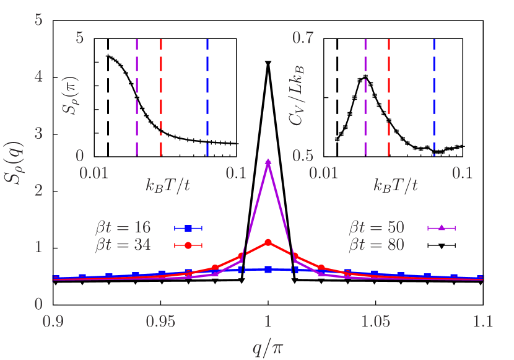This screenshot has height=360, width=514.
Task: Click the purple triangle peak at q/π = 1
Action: click(x=268, y=162)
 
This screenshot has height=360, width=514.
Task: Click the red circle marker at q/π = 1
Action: click(x=268, y=242)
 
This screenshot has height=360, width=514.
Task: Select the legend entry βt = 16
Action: click(x=123, y=228)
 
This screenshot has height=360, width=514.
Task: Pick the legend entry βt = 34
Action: click(x=123, y=245)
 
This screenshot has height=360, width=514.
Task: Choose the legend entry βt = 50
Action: click(x=377, y=228)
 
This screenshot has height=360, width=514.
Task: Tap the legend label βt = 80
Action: click(x=377, y=245)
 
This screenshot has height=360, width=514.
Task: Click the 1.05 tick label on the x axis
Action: click(x=376, y=321)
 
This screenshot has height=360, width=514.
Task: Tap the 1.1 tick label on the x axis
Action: click(x=483, y=321)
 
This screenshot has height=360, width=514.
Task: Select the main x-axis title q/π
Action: click(x=268, y=345)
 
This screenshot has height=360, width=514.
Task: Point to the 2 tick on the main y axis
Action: click(x=38, y=190)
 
